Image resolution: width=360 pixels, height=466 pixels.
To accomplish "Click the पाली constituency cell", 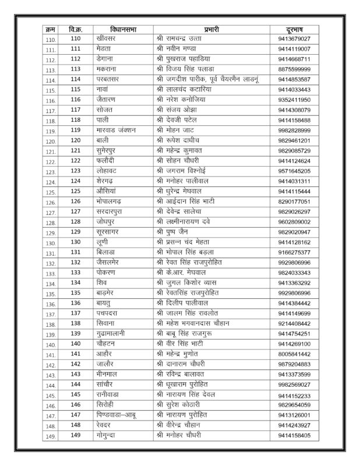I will pos(104,120).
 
